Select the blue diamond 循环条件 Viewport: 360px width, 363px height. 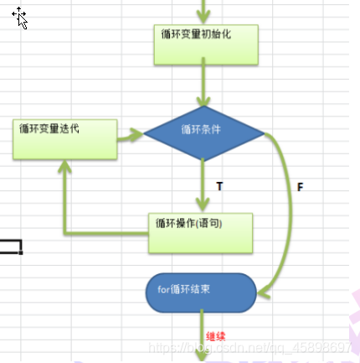(203, 132)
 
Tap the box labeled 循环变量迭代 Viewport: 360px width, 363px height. (64, 139)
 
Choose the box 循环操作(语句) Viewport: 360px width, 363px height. (200, 232)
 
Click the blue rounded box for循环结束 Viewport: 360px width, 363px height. (202, 290)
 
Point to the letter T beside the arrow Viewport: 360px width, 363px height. (219, 186)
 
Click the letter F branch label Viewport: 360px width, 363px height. (300, 187)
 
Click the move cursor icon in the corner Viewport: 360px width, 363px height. (20, 18)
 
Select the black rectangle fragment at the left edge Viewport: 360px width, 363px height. (11, 246)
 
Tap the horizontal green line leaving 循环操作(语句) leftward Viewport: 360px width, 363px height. (105, 232)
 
